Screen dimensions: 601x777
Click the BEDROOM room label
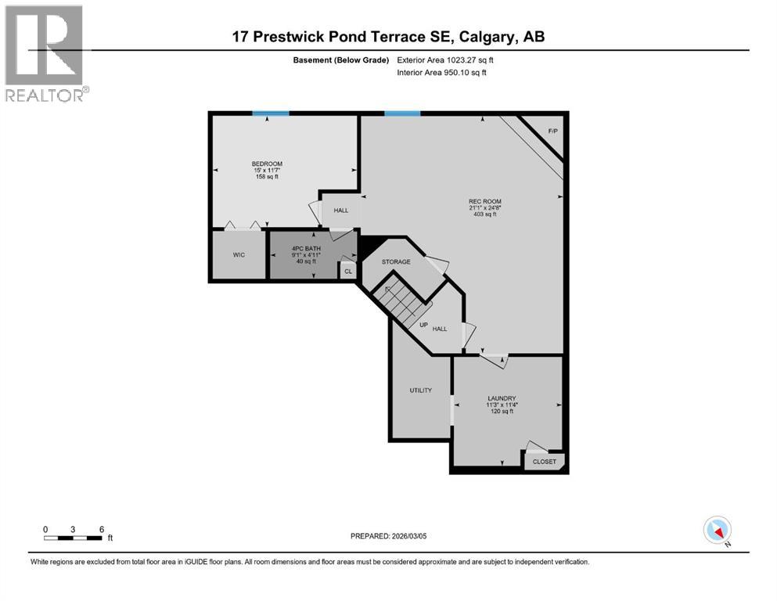click(x=267, y=164)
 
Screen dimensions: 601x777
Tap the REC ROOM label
click(x=485, y=201)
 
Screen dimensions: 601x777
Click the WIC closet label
click(x=239, y=255)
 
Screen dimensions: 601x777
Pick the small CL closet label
click(x=348, y=272)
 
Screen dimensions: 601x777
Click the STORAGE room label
click(x=396, y=262)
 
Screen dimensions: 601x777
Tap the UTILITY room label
click(x=421, y=390)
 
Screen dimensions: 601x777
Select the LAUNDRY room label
click(x=502, y=398)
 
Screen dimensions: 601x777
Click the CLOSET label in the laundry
click(x=545, y=462)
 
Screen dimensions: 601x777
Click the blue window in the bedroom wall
click(x=270, y=113)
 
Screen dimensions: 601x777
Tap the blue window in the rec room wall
click(x=401, y=113)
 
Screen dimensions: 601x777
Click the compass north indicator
click(x=718, y=531)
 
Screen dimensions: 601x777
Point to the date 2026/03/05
click(x=415, y=536)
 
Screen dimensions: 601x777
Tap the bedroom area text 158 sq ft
click(x=267, y=177)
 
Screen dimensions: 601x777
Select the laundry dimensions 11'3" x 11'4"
click(x=502, y=405)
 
